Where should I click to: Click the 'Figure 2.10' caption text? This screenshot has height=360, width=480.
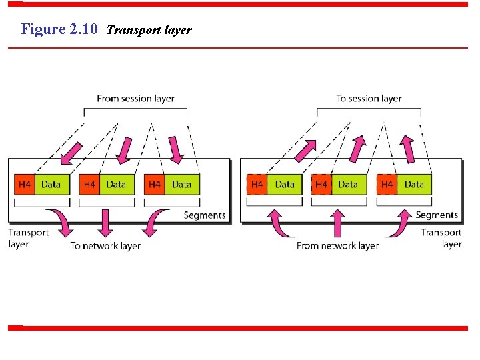pyautogui.click(x=59, y=29)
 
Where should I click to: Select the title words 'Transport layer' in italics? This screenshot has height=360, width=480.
pyautogui.click(x=149, y=30)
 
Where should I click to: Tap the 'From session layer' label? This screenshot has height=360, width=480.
pyautogui.click(x=135, y=99)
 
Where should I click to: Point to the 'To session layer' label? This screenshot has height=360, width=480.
pyautogui.click(x=369, y=99)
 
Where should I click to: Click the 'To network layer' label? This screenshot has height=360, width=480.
pyautogui.click(x=105, y=246)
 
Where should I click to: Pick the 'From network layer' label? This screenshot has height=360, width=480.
pyautogui.click(x=337, y=246)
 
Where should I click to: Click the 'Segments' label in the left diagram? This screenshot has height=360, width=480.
pyautogui.click(x=205, y=215)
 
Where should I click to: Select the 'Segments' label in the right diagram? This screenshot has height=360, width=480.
pyautogui.click(x=437, y=215)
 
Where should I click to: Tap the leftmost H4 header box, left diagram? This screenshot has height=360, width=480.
pyautogui.click(x=25, y=185)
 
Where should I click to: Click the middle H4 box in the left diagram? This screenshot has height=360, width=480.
pyautogui.click(x=89, y=185)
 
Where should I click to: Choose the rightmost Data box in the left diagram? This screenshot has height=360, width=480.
pyautogui.click(x=181, y=185)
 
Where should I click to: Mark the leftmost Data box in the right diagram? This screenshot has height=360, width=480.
pyautogui.click(x=285, y=185)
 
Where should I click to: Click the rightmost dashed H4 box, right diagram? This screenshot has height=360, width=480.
pyautogui.click(x=387, y=185)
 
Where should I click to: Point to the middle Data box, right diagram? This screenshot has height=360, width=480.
pyautogui.click(x=348, y=185)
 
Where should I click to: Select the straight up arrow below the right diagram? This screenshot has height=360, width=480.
pyautogui.click(x=339, y=223)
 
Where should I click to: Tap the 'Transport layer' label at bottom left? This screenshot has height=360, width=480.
pyautogui.click(x=28, y=239)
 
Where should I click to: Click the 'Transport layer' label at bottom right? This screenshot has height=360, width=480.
pyautogui.click(x=441, y=239)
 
